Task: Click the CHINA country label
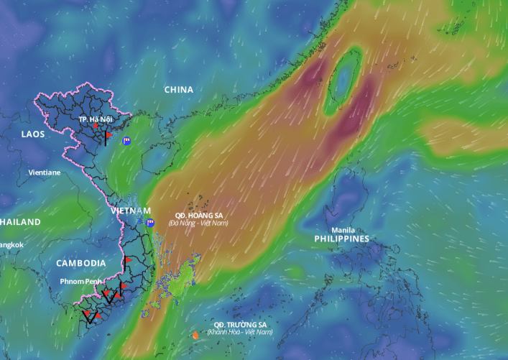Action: pyautogui.click(x=179, y=90)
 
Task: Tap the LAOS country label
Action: pyautogui.click(x=33, y=134)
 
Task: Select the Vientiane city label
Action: pyautogui.click(x=45, y=172)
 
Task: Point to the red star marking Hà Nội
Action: pyautogui.click(x=96, y=126)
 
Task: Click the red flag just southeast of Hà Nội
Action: pyautogui.click(x=108, y=134)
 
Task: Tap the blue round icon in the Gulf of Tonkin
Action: pyautogui.click(x=126, y=141)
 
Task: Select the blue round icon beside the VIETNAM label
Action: pyautogui.click(x=151, y=223)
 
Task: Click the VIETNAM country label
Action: pyautogui.click(x=131, y=211)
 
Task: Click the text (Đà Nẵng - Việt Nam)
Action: pyautogui.click(x=198, y=223)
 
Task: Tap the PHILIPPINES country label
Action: pyautogui.click(x=341, y=239)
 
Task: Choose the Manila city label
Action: pyautogui.click(x=343, y=230)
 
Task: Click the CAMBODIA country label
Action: pyautogui.click(x=81, y=263)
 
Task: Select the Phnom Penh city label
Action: pyautogui.click(x=80, y=280)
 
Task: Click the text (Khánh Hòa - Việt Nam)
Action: pyautogui.click(x=240, y=332)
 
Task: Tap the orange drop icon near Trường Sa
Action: pyautogui.click(x=195, y=335)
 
